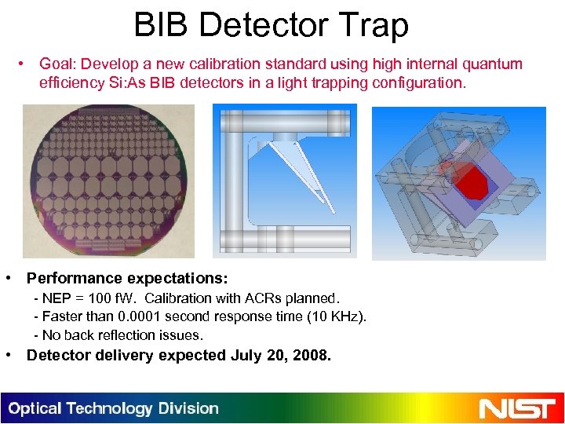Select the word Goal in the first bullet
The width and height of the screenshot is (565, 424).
click(x=56, y=64)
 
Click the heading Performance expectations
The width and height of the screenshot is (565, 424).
click(x=128, y=278)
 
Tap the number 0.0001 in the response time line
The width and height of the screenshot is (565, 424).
click(x=144, y=316)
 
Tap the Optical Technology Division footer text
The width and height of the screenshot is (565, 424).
click(x=114, y=408)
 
